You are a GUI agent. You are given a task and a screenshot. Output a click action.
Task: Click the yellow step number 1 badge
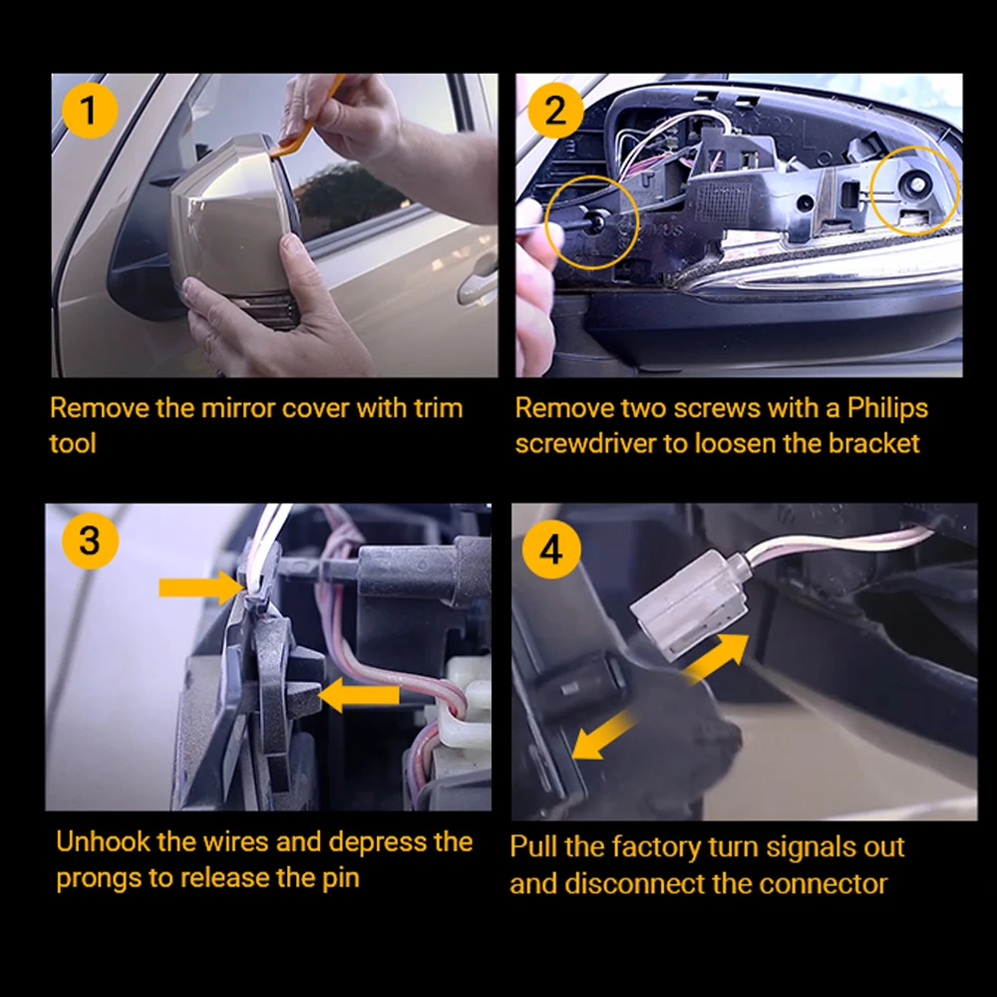coord(90,111)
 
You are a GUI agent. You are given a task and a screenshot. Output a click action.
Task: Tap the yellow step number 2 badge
coord(555,111)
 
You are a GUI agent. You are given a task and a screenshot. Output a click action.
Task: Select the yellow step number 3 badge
coord(90,540)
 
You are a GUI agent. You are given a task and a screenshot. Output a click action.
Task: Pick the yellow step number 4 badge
coord(551,549)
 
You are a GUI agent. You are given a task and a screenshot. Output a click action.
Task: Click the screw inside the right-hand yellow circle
coord(917,184)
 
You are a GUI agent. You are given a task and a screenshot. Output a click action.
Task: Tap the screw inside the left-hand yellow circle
coord(596,221)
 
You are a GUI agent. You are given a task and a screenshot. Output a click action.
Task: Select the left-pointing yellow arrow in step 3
coord(358,695)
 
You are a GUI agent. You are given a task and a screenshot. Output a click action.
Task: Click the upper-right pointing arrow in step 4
coord(716,659)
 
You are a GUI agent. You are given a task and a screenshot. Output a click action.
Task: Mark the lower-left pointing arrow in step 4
coord(603,735)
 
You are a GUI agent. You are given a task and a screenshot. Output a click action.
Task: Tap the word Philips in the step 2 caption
coord(887,408)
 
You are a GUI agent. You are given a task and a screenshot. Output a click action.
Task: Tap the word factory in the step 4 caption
coord(657,848)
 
